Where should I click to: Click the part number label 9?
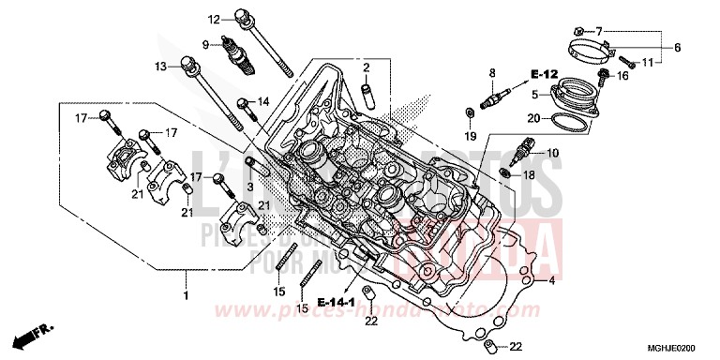point(204,43)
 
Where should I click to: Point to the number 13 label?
point(161,66)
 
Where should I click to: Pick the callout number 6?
point(676,46)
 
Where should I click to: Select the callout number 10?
point(552,153)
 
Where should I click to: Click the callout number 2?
point(368,67)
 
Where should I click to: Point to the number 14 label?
point(263,101)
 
